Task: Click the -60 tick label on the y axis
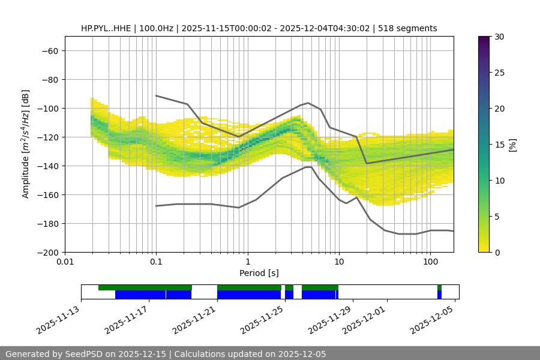[49, 50]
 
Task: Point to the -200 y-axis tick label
[47, 252]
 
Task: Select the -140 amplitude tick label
[47, 166]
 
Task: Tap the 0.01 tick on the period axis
[65, 262]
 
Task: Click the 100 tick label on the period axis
[430, 262]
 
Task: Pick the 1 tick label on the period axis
[247, 262]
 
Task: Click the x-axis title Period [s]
[259, 273]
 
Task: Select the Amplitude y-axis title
[26, 144]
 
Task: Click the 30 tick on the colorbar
[499, 37]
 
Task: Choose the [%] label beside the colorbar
[512, 145]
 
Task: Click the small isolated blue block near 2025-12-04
[439, 295]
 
